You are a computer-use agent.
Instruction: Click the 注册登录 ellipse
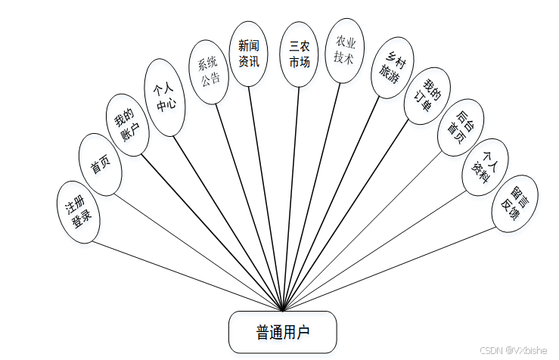(78, 212)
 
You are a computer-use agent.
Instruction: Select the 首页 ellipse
(101, 165)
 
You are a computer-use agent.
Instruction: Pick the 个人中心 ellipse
(164, 98)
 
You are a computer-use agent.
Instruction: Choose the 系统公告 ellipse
(209, 71)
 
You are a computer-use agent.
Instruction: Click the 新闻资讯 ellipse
(250, 53)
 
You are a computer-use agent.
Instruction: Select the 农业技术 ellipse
(344, 51)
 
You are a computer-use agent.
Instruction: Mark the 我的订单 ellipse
(427, 95)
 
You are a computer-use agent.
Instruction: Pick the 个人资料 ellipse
(486, 167)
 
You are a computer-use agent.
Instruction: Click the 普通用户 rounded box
(282, 332)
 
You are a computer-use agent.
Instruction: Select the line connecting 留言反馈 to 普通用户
(393, 265)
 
